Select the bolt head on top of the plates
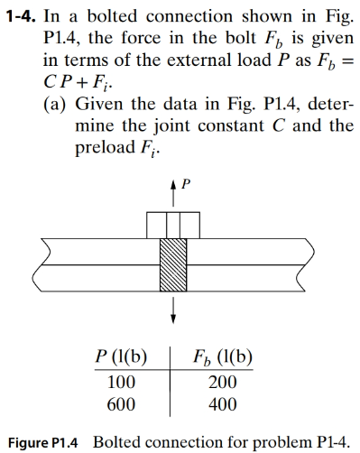[x=173, y=222]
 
